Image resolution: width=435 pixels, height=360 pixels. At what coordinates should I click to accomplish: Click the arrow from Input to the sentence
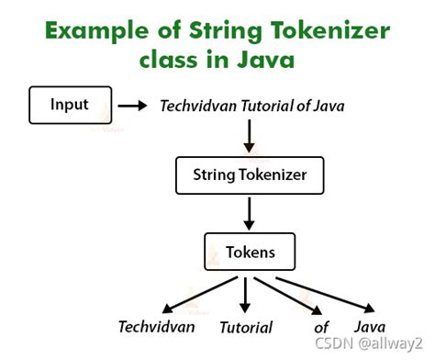pyautogui.click(x=133, y=106)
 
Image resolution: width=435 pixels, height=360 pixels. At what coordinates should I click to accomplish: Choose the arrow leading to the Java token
pyautogui.click(x=326, y=292)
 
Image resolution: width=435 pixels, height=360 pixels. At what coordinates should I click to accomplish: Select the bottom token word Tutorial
pyautogui.click(x=245, y=327)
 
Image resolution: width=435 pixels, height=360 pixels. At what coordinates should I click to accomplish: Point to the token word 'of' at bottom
pyautogui.click(x=320, y=327)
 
